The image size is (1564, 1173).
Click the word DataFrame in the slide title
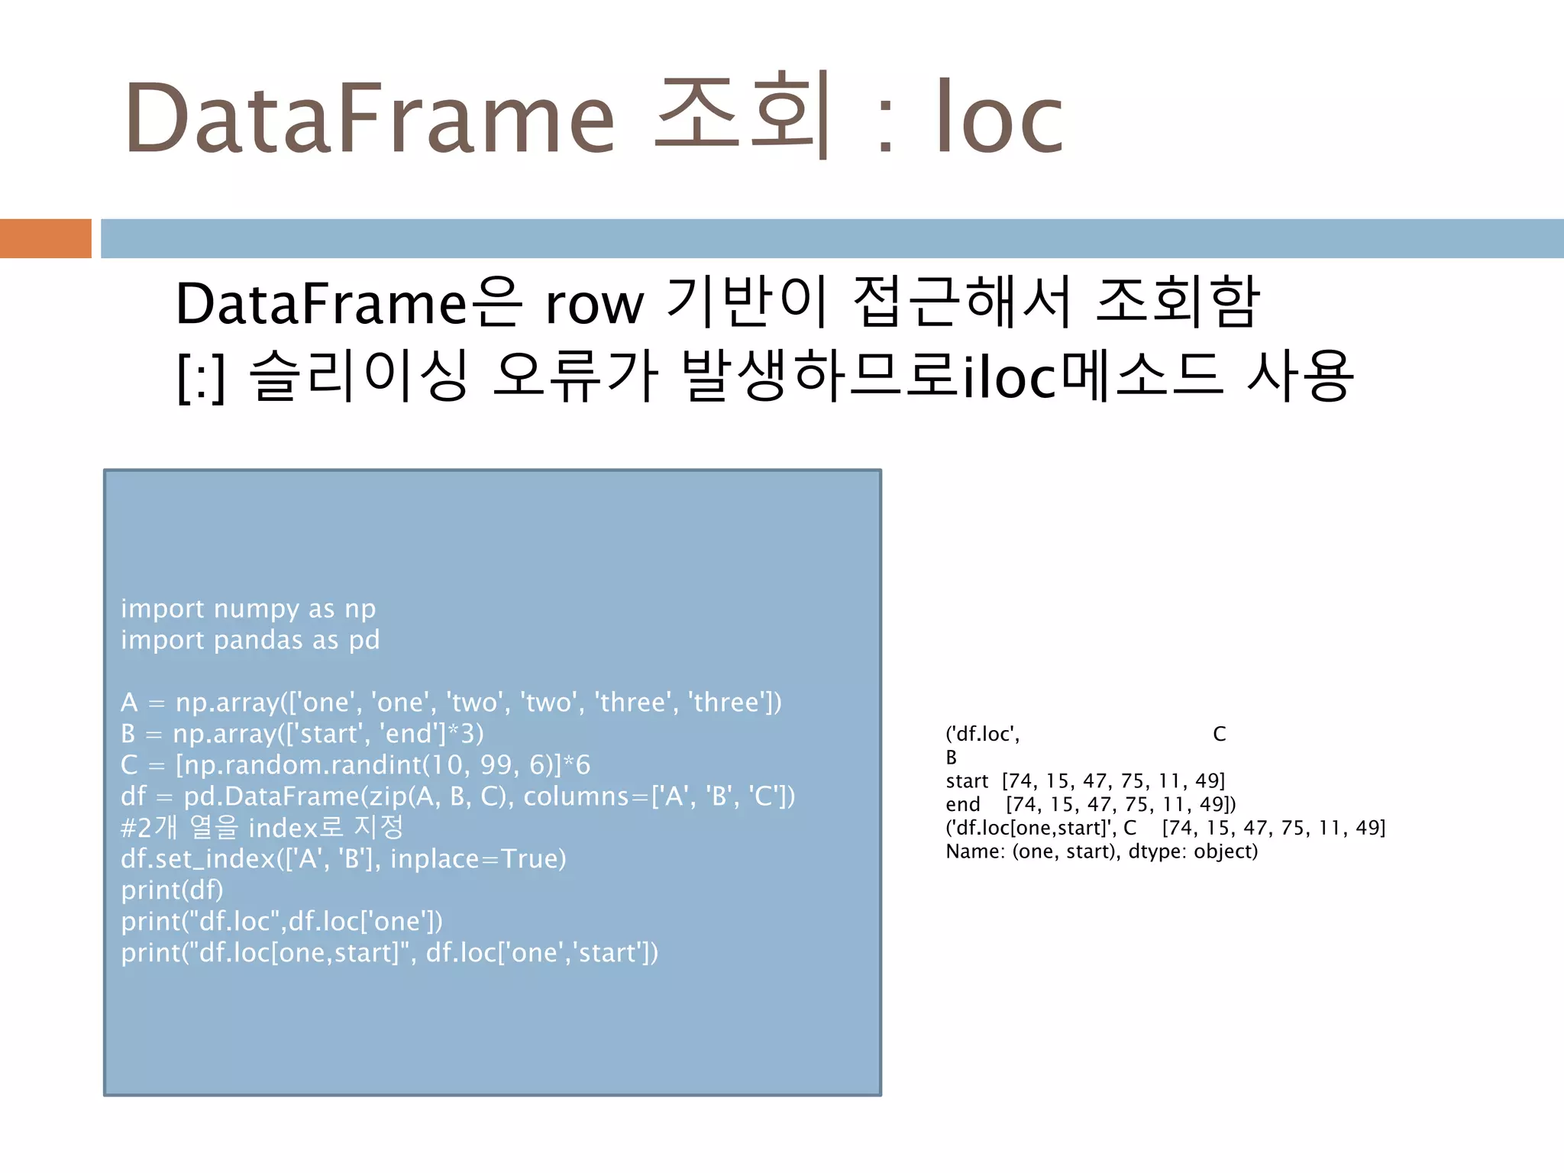[x=370, y=118]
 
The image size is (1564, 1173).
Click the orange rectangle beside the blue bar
[x=45, y=238]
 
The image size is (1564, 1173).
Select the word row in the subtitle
[x=594, y=305]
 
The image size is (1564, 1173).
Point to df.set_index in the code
[x=197, y=859]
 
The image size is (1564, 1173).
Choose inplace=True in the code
[x=478, y=859]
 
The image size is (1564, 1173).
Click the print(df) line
[x=172, y=890]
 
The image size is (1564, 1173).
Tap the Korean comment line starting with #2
[x=261, y=828]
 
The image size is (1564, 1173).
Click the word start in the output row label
[x=967, y=781]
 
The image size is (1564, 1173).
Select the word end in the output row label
[x=962, y=805]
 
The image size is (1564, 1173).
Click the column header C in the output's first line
[x=1219, y=735]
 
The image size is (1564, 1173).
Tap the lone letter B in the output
[x=951, y=758]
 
